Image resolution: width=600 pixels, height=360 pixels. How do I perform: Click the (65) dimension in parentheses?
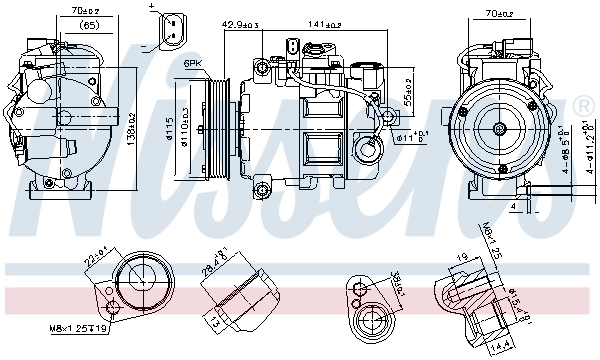[x=89, y=24]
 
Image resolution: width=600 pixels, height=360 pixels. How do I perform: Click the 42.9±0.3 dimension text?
[x=241, y=23]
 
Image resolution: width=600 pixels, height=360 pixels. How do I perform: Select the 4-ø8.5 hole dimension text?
[x=565, y=150]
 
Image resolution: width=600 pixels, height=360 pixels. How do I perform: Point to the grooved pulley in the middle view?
[x=215, y=127]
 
